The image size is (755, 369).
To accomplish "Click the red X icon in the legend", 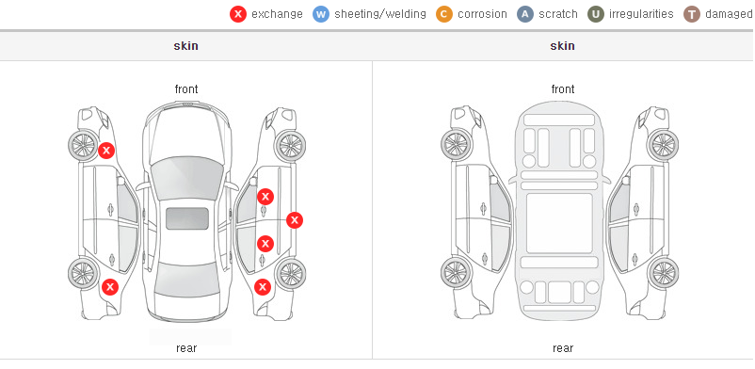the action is pos(238,14).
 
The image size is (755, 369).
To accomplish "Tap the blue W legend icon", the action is pos(321,14).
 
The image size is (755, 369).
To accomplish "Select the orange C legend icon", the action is pos(444,14).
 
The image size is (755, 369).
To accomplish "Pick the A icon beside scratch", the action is pos(525,14).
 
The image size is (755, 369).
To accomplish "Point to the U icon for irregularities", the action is pos(596,14).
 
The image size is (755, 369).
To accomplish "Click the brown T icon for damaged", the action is pos(691,14).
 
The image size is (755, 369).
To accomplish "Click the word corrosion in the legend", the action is pos(483,14).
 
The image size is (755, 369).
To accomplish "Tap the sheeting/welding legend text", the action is pos(380,14).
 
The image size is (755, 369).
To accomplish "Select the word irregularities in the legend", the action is pos(641,14).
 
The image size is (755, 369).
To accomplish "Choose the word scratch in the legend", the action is pos(558,14).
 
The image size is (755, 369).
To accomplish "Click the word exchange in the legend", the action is pos(278,14).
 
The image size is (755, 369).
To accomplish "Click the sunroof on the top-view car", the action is pos(187,218).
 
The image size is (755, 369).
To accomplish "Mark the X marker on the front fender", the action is pos(106,151).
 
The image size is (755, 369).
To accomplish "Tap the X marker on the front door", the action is pos(265,197).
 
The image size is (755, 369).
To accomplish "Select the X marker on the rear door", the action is pos(265,244).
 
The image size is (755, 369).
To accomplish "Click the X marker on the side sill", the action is pos(295,220).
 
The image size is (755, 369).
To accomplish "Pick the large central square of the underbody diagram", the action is pos(559,223).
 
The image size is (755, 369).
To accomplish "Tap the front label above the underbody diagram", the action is pos(563,89).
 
